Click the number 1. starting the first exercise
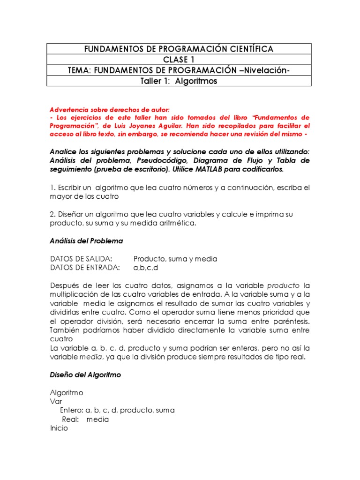[52, 187]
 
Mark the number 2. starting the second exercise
[52, 214]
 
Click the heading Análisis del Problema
[86, 241]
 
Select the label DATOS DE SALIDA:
[81, 259]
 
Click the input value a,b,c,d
[146, 268]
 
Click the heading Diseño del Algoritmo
[85, 375]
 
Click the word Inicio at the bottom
[59, 428]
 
